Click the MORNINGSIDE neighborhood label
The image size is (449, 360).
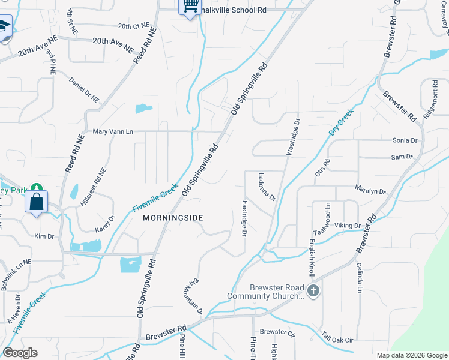tap(173, 218)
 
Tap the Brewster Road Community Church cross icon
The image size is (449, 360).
tap(312, 292)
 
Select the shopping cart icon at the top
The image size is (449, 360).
tap(190, 6)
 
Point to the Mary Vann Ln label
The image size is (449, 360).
tap(112, 131)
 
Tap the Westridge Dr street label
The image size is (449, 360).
tap(292, 137)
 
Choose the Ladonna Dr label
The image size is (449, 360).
tap(266, 187)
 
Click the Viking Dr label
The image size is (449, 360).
tap(348, 226)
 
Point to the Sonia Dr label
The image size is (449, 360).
tap(405, 140)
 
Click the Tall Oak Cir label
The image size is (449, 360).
tap(337, 340)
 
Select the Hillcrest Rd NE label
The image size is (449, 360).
tap(94, 187)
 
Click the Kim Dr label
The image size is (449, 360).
tap(44, 236)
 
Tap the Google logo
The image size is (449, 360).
tap(20, 353)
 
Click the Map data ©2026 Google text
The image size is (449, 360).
tap(411, 355)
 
